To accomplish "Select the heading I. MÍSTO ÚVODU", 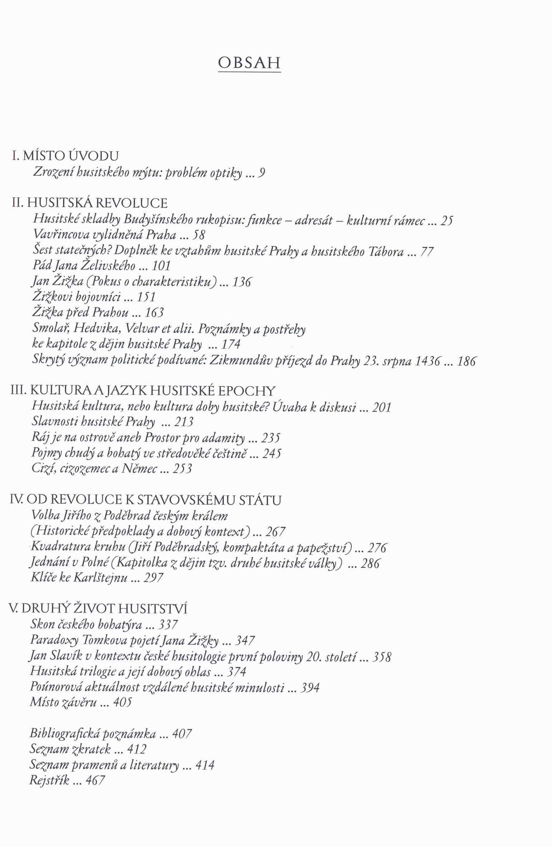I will coord(65,156).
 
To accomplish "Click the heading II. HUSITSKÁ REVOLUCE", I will coord(89,203).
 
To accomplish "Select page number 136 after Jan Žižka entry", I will coord(242,282).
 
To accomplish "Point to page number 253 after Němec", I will coord(182,469).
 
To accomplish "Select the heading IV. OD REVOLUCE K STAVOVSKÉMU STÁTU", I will coord(146,500).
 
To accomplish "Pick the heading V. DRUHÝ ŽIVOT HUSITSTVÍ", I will coord(98,609).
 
